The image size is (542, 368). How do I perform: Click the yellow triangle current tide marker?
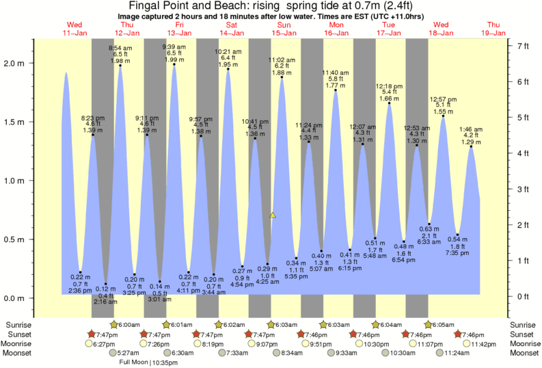(x=273, y=215)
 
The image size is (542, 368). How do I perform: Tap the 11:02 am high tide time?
(x=281, y=60)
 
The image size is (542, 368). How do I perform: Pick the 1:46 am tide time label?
(x=472, y=129)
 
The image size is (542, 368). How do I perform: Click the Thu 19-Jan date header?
(x=492, y=29)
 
